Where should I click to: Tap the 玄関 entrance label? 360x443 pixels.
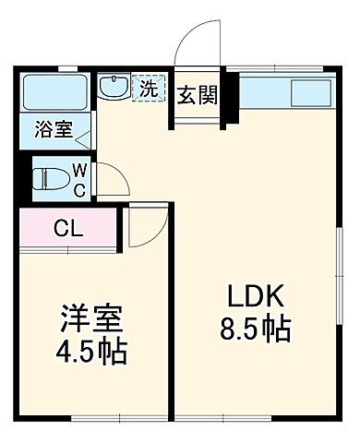pyautogui.click(x=198, y=95)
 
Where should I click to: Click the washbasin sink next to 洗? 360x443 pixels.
pyautogui.click(x=115, y=89)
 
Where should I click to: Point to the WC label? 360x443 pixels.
pyautogui.click(x=80, y=178)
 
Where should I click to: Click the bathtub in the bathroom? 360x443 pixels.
pyautogui.click(x=54, y=92)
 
